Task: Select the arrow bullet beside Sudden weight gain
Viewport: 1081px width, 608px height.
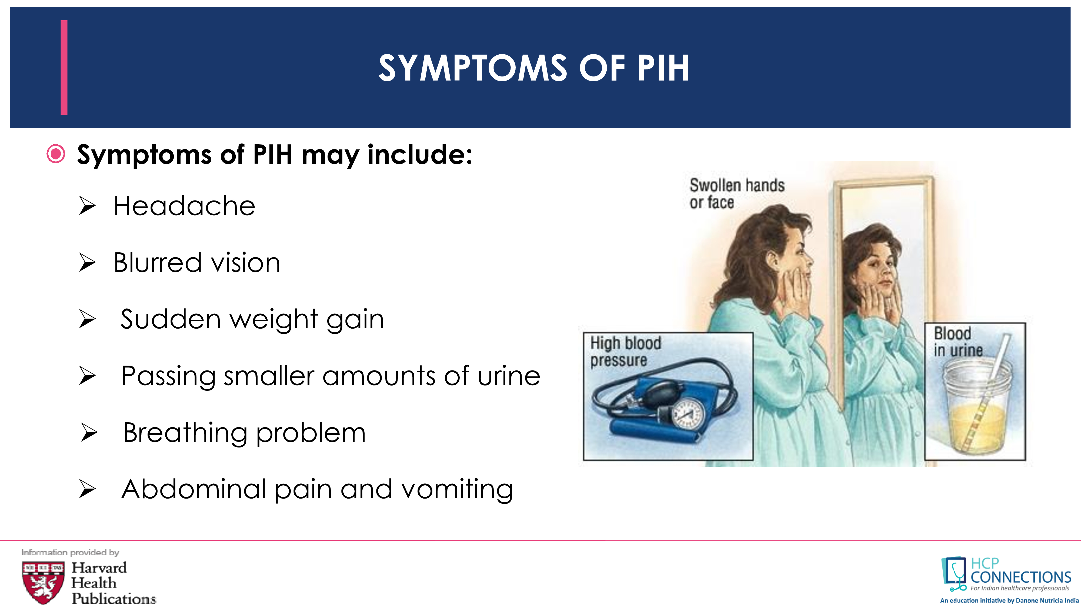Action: [87, 319]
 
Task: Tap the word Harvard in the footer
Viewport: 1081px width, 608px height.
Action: [99, 568]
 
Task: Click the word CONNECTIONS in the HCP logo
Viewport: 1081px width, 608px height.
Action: [1020, 577]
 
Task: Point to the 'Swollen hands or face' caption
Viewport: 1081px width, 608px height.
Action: [737, 193]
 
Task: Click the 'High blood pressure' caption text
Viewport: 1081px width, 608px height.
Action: [626, 352]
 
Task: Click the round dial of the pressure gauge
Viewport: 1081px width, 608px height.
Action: [688, 413]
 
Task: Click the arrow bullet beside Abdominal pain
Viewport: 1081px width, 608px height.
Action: [87, 490]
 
